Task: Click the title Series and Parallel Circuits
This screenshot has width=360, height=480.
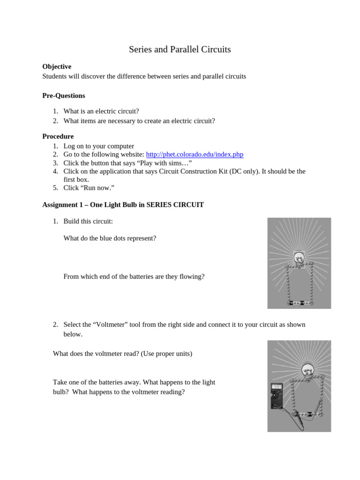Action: click(x=180, y=49)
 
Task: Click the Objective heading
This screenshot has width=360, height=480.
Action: click(x=57, y=67)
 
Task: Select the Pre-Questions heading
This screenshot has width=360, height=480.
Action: click(x=64, y=96)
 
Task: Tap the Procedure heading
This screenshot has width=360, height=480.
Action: click(x=58, y=136)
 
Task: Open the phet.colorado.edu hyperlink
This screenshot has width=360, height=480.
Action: click(x=195, y=154)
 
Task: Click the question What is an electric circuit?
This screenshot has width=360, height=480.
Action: click(x=101, y=111)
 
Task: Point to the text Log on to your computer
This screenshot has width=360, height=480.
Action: click(x=98, y=146)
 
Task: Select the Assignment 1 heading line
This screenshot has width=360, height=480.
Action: click(x=123, y=205)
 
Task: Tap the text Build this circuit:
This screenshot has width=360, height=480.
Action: click(x=88, y=221)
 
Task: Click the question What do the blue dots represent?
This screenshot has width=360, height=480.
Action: click(x=110, y=238)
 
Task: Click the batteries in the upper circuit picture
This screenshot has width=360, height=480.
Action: click(x=299, y=303)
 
